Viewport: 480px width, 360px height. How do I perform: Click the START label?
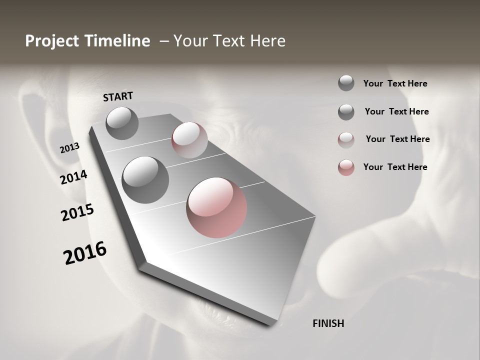pyautogui.click(x=118, y=96)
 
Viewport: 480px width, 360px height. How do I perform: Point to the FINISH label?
pyautogui.click(x=328, y=323)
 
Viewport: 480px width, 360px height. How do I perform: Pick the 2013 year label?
pyautogui.click(x=69, y=148)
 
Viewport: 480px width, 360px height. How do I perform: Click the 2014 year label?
pyautogui.click(x=73, y=177)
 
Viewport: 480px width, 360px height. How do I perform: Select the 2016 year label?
pyautogui.click(x=85, y=253)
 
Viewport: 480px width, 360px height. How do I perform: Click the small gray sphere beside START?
pyautogui.click(x=122, y=123)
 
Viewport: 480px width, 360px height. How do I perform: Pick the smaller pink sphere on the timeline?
pyautogui.click(x=189, y=140)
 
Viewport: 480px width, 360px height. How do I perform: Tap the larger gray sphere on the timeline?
pyautogui.click(x=145, y=179)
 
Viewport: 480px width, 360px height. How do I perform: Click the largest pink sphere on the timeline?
pyautogui.click(x=216, y=207)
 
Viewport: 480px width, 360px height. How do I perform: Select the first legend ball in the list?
pyautogui.click(x=346, y=83)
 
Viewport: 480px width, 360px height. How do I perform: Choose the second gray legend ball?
pyautogui.click(x=346, y=112)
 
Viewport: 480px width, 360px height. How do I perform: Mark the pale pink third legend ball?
pyautogui.click(x=346, y=140)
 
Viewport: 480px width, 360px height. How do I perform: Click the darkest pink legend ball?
pyautogui.click(x=346, y=167)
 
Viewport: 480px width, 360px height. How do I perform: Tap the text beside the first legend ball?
pyautogui.click(x=395, y=83)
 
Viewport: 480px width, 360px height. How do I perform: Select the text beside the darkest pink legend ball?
pyautogui.click(x=395, y=167)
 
